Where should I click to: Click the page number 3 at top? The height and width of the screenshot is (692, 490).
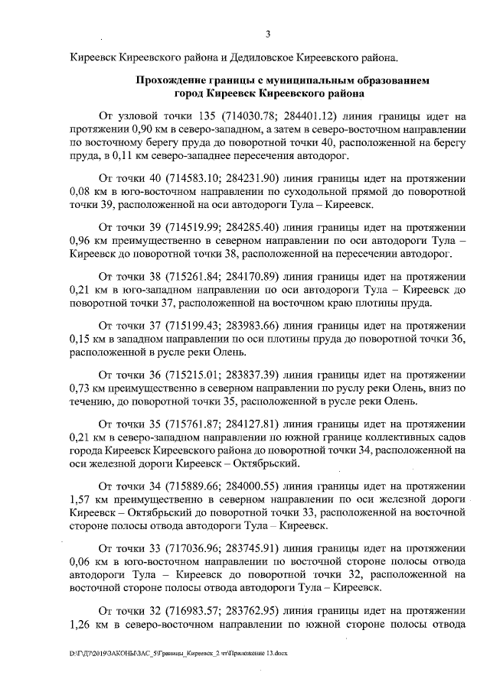tap(268, 33)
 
